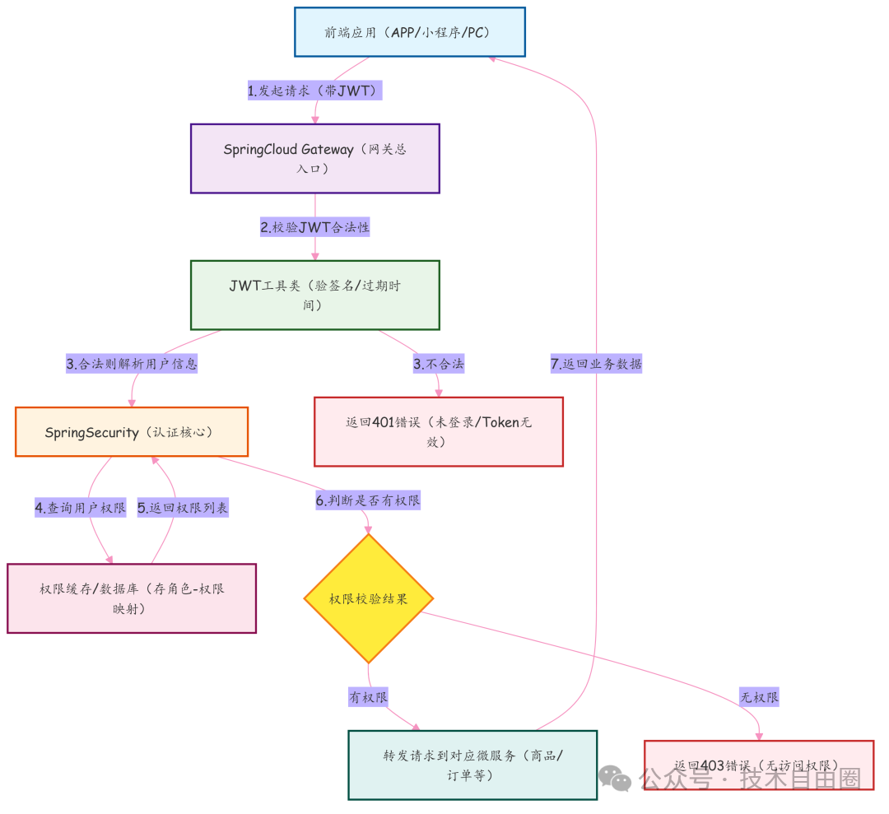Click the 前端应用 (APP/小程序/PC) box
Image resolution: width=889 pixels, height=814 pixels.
[409, 32]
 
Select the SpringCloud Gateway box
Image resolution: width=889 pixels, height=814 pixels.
[314, 159]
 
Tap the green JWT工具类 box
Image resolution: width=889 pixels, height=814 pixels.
[314, 295]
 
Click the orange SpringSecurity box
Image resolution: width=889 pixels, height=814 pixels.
[131, 432]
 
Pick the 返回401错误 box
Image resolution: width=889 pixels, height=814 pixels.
[438, 432]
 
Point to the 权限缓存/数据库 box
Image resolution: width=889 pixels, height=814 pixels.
[131, 598]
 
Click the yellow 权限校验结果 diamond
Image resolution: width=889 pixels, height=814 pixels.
[368, 598]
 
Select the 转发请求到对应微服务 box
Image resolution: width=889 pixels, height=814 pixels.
[472, 765]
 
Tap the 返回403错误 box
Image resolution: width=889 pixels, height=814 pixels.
[757, 765]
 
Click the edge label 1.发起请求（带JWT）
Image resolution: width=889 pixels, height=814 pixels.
[314, 91]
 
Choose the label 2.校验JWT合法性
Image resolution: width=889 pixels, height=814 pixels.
[314, 227]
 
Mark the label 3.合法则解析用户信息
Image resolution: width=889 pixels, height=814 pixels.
[132, 364]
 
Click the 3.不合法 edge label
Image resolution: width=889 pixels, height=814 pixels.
[438, 364]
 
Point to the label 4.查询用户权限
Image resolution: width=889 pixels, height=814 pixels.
[80, 508]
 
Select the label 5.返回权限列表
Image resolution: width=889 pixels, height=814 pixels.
[182, 508]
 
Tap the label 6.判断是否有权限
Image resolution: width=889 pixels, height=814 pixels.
[368, 500]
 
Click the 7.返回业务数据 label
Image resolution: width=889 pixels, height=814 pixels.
[595, 364]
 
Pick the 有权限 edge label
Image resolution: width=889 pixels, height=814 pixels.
[368, 697]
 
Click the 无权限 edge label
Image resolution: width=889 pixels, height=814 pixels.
[758, 697]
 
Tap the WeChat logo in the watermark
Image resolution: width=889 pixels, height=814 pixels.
[615, 778]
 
